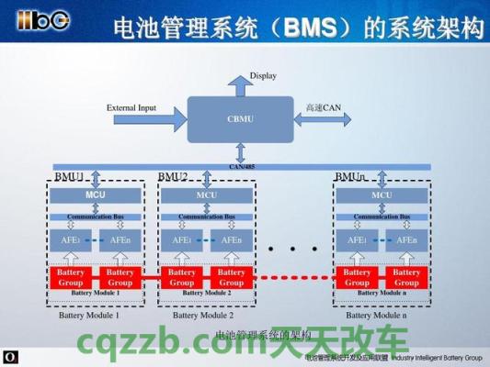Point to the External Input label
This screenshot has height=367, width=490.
(x=131, y=107)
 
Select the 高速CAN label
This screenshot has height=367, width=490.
(x=323, y=107)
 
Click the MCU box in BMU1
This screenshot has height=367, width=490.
(x=96, y=195)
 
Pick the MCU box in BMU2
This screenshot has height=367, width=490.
(x=207, y=195)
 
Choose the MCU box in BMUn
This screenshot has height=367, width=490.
(x=381, y=195)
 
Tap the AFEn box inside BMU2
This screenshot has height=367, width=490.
(x=231, y=240)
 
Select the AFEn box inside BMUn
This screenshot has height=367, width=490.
(x=405, y=240)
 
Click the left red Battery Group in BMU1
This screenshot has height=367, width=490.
(x=71, y=277)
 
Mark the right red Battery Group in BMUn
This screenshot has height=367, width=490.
(x=405, y=277)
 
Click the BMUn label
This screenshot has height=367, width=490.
(x=350, y=176)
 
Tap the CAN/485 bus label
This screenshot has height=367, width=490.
(x=243, y=166)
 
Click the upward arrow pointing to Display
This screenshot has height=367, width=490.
(x=242, y=85)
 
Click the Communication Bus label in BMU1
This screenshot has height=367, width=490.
(x=96, y=217)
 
